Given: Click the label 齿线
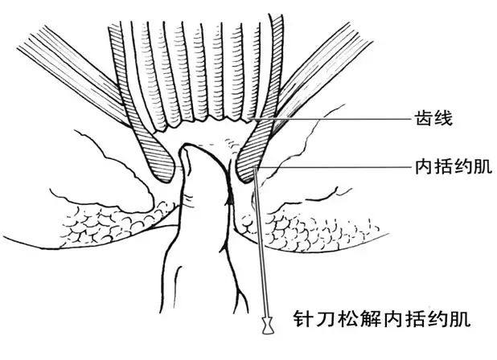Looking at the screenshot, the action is (x=433, y=119).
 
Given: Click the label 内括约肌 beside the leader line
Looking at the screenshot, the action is (x=454, y=167).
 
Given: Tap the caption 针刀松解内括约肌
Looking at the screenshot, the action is (x=382, y=319).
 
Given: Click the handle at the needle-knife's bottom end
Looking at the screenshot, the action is (x=268, y=325).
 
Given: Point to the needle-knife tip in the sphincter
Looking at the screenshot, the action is (x=255, y=169).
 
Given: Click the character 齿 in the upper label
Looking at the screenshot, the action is (x=424, y=119).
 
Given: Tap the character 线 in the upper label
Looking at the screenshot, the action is (x=443, y=119).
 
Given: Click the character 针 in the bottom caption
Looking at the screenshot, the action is (x=302, y=319).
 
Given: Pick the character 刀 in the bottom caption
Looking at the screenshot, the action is (x=325, y=319).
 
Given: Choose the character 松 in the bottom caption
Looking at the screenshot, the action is (x=347, y=319).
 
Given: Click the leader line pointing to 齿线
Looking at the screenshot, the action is (x=330, y=119).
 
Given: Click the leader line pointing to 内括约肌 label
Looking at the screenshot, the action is (x=334, y=167).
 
